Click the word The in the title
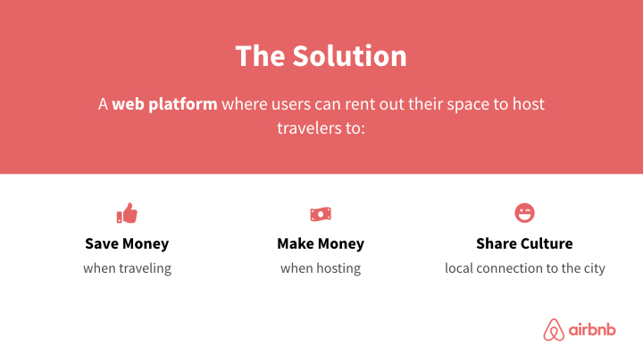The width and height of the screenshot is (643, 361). click(x=260, y=55)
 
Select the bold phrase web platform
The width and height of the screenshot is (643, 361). click(x=164, y=103)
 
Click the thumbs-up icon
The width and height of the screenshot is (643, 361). click(x=127, y=214)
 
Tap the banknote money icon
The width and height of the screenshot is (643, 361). click(x=321, y=214)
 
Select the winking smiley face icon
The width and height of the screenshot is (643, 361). click(x=524, y=213)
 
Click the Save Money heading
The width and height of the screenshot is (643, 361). click(x=127, y=243)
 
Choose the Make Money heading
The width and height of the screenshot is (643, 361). click(x=321, y=243)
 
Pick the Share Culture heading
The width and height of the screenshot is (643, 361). click(x=524, y=243)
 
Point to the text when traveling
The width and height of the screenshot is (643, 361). click(x=127, y=268)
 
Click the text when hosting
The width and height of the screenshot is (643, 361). click(x=321, y=268)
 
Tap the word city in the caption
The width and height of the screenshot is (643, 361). click(x=592, y=268)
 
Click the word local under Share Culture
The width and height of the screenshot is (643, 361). click(x=459, y=268)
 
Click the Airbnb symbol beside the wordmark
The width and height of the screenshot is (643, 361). click(x=555, y=331)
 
